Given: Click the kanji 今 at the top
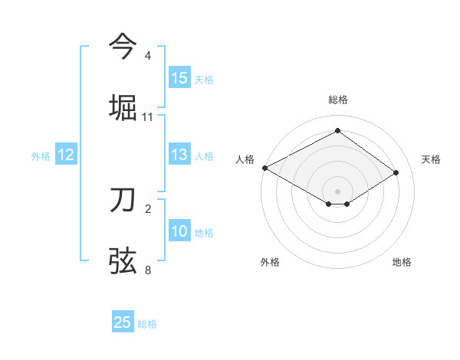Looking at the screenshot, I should pyautogui.click(x=123, y=47).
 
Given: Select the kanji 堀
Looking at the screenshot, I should pyautogui.click(x=123, y=106).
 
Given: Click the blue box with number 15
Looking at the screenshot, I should pyautogui.click(x=179, y=78).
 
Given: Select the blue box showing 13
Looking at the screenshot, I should pyautogui.click(x=179, y=155).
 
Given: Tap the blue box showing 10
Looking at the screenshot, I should pyautogui.click(x=179, y=232).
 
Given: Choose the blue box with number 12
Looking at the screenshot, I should pyautogui.click(x=66, y=155).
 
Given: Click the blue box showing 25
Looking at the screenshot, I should pyautogui.click(x=123, y=323).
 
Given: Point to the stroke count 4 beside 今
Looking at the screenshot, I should pyautogui.click(x=148, y=56).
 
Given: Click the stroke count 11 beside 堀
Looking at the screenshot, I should pyautogui.click(x=148, y=117).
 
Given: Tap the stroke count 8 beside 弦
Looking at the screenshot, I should pyautogui.click(x=148, y=270).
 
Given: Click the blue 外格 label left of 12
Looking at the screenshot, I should pyautogui.click(x=41, y=156).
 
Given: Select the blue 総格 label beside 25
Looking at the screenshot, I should pyautogui.click(x=148, y=324).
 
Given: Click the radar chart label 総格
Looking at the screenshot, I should pyautogui.click(x=337, y=100).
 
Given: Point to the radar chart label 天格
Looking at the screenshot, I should pyautogui.click(x=431, y=159).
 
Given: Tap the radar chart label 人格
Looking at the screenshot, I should pyautogui.click(x=245, y=159).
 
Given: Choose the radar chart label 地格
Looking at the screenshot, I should pyautogui.click(x=402, y=262).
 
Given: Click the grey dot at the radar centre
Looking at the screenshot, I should pyautogui.click(x=337, y=191).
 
